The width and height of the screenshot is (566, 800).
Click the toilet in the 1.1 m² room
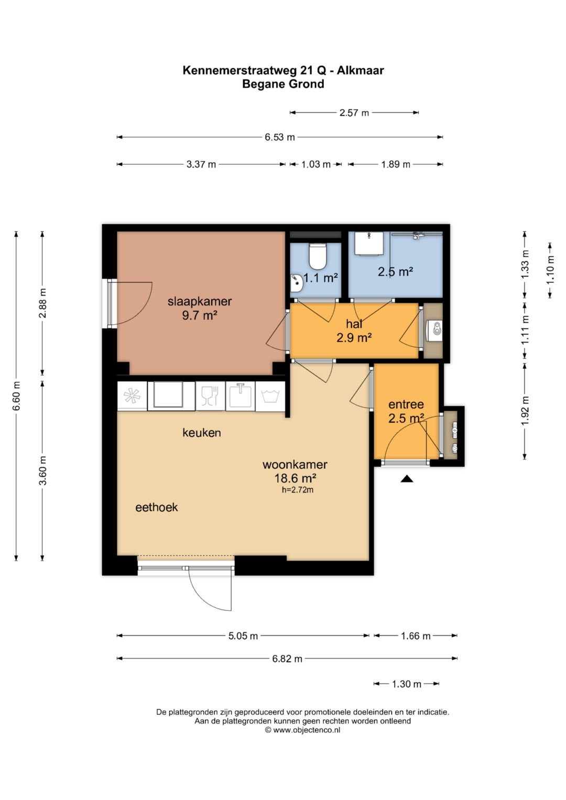[x=317, y=256]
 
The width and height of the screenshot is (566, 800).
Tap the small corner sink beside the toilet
[x=297, y=283]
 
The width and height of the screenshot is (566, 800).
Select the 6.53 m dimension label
[x=280, y=137]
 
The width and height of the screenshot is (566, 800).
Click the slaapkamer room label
[x=200, y=301]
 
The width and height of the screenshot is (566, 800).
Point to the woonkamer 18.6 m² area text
[x=295, y=471]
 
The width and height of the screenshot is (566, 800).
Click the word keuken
[x=202, y=433]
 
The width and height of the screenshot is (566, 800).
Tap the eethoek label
[x=157, y=508]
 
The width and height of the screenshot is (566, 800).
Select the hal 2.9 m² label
[x=354, y=331]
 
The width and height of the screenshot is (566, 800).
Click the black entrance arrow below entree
[x=407, y=479]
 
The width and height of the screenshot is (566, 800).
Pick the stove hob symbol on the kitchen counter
[x=132, y=396]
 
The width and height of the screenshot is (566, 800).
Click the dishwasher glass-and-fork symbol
[x=210, y=396]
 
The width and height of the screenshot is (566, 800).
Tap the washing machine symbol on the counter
[x=270, y=396]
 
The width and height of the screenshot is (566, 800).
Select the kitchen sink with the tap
[x=240, y=396]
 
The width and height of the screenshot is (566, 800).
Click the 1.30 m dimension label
[x=407, y=684]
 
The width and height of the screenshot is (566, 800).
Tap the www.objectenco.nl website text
[x=307, y=730]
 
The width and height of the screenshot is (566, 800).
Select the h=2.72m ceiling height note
[x=298, y=490]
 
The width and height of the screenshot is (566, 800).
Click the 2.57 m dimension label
[x=354, y=113]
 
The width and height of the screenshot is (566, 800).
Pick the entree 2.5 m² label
[x=406, y=411]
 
